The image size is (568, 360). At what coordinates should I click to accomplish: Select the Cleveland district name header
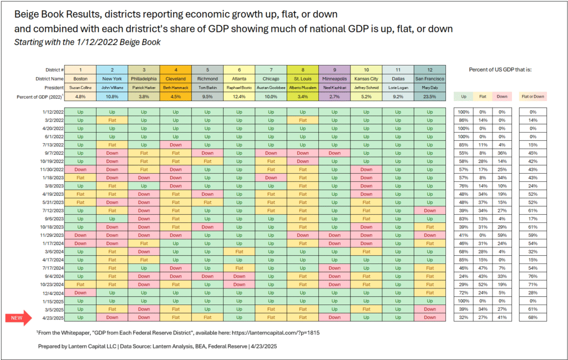(x=175, y=78)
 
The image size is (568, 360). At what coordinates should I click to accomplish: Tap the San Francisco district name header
(x=430, y=78)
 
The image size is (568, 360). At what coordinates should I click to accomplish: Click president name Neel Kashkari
(x=334, y=88)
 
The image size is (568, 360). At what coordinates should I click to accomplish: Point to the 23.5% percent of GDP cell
(x=430, y=97)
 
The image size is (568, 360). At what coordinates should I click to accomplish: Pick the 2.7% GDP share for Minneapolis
(x=334, y=97)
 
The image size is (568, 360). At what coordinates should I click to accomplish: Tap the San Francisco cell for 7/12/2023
(x=430, y=211)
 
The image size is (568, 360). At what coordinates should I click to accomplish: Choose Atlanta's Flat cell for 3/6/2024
(x=239, y=252)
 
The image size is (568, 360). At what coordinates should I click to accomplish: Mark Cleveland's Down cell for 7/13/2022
(x=175, y=144)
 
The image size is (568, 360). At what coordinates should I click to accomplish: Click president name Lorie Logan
(x=398, y=88)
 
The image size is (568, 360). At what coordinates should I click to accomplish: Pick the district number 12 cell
(x=430, y=69)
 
